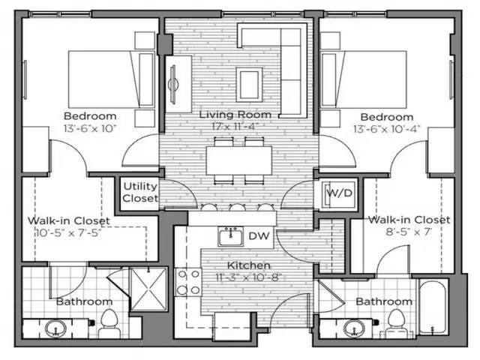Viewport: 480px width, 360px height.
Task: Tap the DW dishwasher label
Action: click(x=259, y=237)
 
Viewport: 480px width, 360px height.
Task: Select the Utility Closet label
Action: click(x=140, y=192)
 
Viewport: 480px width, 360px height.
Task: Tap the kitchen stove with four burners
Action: click(x=187, y=282)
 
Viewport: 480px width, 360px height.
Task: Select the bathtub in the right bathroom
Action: click(x=432, y=307)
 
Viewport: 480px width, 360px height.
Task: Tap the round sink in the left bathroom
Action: click(x=54, y=328)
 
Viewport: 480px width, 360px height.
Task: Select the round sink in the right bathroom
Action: click(x=353, y=328)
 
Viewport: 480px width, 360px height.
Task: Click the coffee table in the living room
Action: click(x=249, y=79)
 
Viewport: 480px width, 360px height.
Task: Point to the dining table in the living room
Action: click(x=238, y=159)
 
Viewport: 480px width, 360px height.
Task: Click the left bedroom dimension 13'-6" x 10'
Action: click(x=90, y=128)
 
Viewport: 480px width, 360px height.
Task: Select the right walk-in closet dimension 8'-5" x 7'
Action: click(x=409, y=232)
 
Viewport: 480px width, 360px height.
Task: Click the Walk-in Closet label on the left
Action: click(x=69, y=221)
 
